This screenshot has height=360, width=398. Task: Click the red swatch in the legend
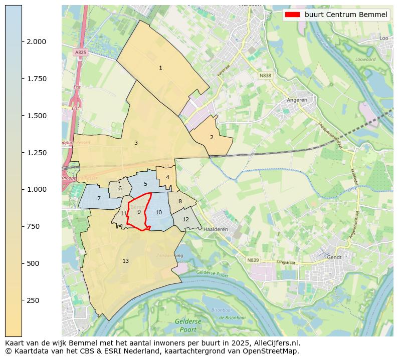click(292, 15)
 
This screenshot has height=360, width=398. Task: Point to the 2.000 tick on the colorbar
click(22, 42)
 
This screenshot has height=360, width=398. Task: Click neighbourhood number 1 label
click(160, 68)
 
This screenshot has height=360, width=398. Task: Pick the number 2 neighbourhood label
click(212, 137)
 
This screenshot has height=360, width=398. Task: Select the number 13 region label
click(125, 261)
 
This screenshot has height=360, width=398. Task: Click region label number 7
click(99, 199)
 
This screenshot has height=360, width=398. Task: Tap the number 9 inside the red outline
click(139, 212)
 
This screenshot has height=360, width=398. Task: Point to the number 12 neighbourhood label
click(185, 219)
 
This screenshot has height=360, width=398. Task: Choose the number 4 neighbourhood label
click(167, 177)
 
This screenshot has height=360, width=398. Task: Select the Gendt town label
click(334, 257)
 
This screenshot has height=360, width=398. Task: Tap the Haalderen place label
click(216, 229)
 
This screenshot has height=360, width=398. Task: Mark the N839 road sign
click(253, 260)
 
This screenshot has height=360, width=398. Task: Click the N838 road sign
click(265, 76)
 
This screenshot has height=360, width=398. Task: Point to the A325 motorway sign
click(80, 52)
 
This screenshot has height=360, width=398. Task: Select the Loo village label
click(384, 38)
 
